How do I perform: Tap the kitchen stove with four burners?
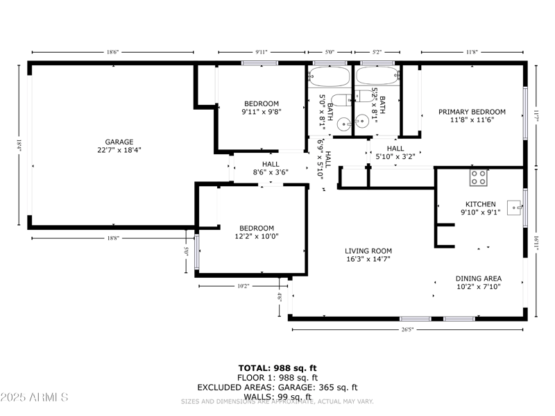click(478, 177)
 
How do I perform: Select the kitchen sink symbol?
click(514, 206)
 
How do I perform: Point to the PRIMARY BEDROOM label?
click(472, 111)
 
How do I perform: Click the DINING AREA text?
click(479, 278)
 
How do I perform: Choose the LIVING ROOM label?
click(368, 251)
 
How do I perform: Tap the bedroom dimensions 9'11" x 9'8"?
click(261, 112)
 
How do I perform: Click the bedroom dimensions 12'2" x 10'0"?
click(257, 236)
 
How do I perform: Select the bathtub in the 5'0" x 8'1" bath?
click(330, 76)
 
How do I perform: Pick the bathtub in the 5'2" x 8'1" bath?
click(377, 76)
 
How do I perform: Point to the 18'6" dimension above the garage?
click(113, 52)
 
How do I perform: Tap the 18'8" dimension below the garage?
click(113, 238)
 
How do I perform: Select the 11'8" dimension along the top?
click(472, 52)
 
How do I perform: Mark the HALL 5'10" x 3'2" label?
click(395, 153)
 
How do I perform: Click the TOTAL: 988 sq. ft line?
click(277, 367)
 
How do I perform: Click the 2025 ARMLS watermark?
click(35, 397)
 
